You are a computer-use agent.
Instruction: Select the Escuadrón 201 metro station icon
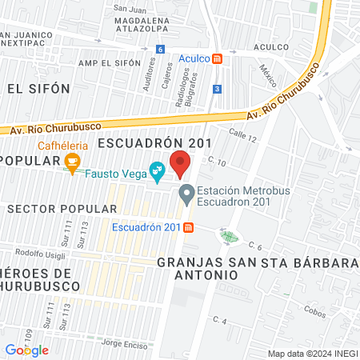point(188,227)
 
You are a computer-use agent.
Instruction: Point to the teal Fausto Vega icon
point(158,170)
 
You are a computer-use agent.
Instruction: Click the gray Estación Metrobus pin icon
point(186,192)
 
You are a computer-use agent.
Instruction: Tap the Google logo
point(27,350)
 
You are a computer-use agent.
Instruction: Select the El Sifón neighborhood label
point(38,88)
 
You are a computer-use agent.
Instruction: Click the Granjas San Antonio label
point(198,268)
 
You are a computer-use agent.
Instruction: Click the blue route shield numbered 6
point(161,50)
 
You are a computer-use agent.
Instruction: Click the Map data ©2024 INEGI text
point(311,354)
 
